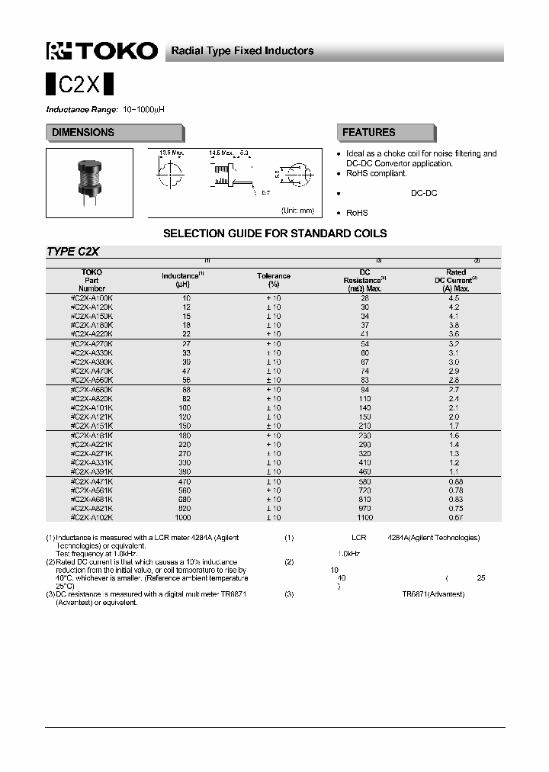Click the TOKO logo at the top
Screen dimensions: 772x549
point(102,51)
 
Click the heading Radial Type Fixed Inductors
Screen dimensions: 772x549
point(242,51)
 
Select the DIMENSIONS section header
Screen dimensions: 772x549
point(83,133)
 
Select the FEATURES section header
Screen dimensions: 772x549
point(369,133)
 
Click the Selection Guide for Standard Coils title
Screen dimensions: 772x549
point(274,233)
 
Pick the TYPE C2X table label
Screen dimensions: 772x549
point(73,251)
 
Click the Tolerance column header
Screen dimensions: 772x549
point(273,280)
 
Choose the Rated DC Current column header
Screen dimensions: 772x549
point(455,280)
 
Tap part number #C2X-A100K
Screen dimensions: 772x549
point(91,298)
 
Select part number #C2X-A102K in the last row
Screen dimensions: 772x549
point(91,517)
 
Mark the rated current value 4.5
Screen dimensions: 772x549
point(455,298)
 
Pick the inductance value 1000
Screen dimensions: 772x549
point(182,517)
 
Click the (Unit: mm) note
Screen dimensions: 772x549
point(297,210)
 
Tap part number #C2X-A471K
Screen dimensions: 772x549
point(91,481)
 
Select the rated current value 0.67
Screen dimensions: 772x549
point(455,517)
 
